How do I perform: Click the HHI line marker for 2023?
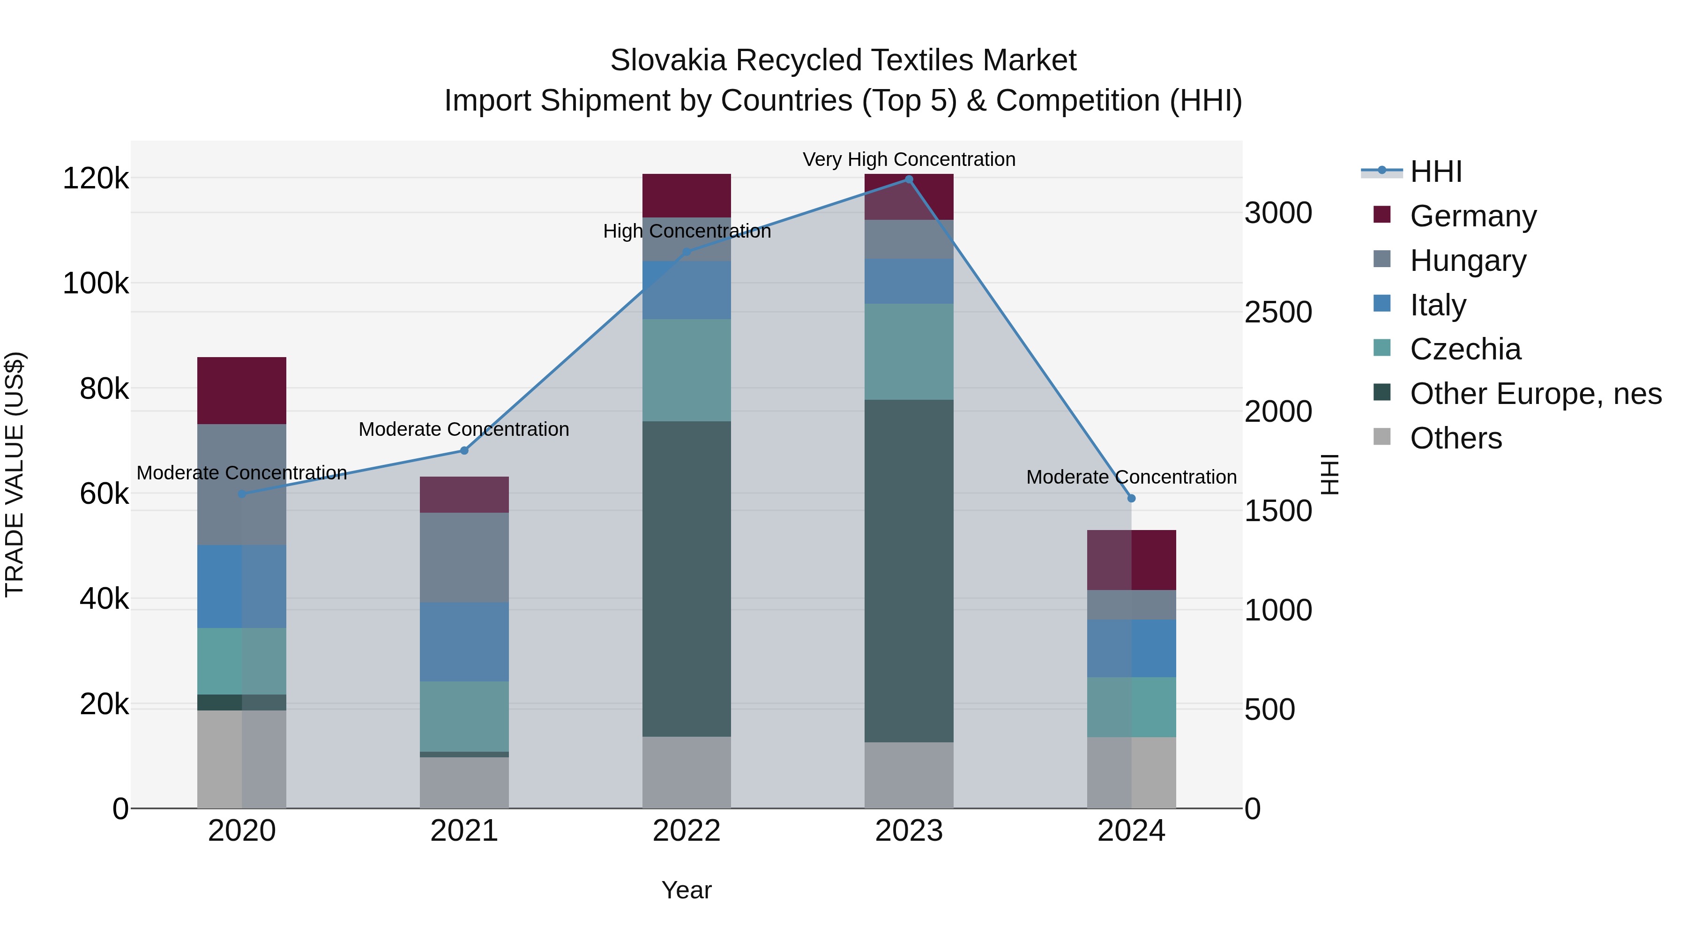pyautogui.click(x=908, y=179)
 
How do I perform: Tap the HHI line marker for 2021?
pyautogui.click(x=464, y=450)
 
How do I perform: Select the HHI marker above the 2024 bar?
pyautogui.click(x=1131, y=499)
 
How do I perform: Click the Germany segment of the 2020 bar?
pyautogui.click(x=242, y=390)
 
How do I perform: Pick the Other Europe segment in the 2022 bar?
pyautogui.click(x=687, y=579)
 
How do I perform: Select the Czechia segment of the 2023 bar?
pyautogui.click(x=908, y=351)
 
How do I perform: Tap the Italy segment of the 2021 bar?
pyautogui.click(x=464, y=642)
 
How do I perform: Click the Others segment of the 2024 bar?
pyautogui.click(x=1131, y=773)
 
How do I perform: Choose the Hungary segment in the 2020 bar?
pyautogui.click(x=242, y=485)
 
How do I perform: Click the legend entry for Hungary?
pyautogui.click(x=1468, y=261)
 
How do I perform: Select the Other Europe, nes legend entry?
pyautogui.click(x=1535, y=394)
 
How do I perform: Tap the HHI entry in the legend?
pyautogui.click(x=1435, y=172)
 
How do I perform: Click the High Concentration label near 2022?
pyautogui.click(x=687, y=231)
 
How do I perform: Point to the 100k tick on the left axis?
pyautogui.click(x=96, y=284)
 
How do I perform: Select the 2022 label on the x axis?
pyautogui.click(x=687, y=831)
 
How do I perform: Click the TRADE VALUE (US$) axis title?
pyautogui.click(x=15, y=474)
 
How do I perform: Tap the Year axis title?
pyautogui.click(x=687, y=890)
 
